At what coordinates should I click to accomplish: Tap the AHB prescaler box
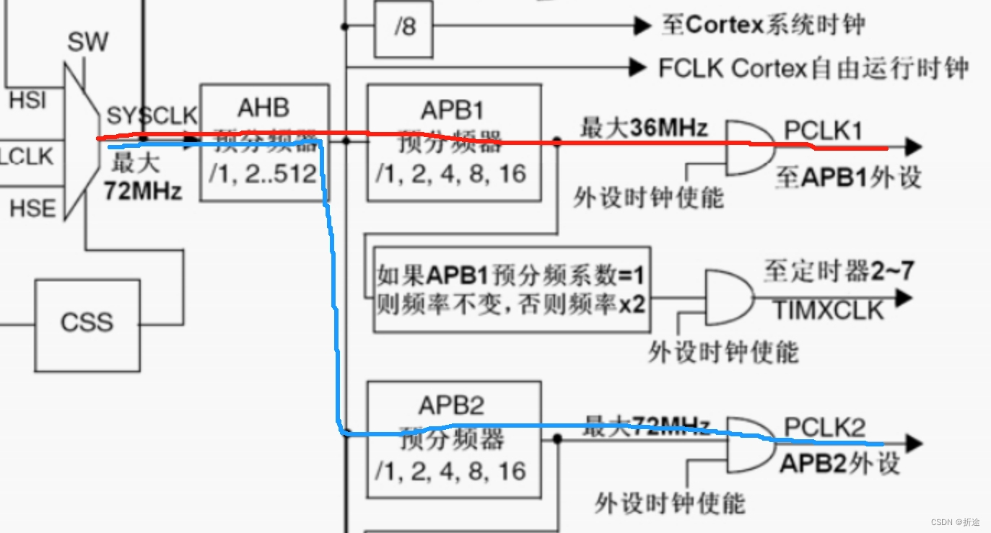pos(263,143)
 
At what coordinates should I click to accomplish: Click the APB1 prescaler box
pos(453,143)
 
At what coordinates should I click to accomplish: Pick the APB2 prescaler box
pos(453,439)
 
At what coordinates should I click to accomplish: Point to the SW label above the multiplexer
pos(87,43)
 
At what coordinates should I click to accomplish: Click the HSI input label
pos(27,100)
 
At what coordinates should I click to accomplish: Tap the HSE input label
pos(32,209)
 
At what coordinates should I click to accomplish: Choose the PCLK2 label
pos(824,427)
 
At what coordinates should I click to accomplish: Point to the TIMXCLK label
pos(829,310)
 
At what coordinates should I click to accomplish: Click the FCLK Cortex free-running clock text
pos(813,69)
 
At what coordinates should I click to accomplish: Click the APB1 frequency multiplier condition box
pos(511,289)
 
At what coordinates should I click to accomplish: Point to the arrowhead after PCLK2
pos(914,443)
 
